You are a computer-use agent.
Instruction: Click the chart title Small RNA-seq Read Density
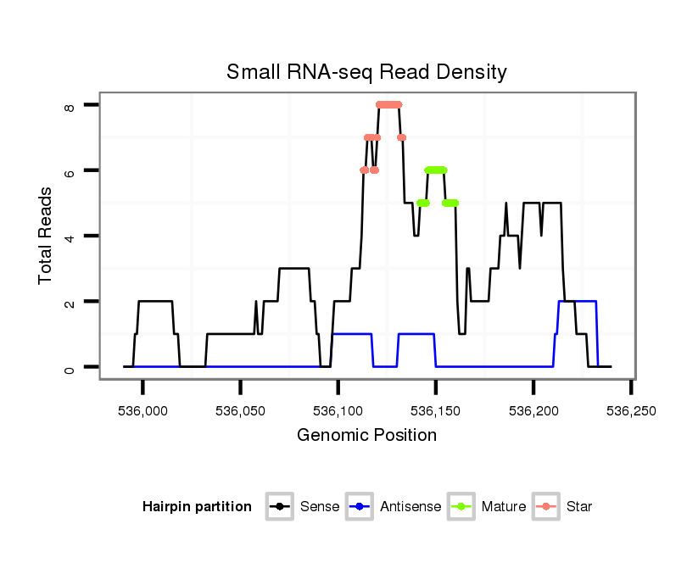coord(366,72)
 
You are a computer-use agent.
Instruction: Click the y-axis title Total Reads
coord(47,235)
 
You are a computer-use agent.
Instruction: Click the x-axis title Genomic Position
coord(366,436)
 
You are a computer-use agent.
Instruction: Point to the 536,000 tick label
coord(143,410)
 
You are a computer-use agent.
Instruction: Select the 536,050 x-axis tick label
coord(241,410)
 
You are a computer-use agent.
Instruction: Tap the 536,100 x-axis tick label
coord(338,410)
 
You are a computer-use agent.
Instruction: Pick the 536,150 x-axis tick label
coord(436,410)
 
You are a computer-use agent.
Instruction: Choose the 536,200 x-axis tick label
coord(533,410)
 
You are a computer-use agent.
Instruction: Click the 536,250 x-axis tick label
coord(631,410)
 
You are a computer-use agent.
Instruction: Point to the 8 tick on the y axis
coord(69,105)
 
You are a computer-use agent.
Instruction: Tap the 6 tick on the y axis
coord(69,170)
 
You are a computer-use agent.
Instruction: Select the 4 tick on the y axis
coord(69,236)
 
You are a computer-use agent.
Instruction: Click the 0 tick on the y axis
coord(69,367)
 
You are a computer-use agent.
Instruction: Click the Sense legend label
coord(320,507)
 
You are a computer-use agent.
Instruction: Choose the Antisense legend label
coord(411,507)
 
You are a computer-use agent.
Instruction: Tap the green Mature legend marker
coord(462,507)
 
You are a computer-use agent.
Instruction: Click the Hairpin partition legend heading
coord(197,507)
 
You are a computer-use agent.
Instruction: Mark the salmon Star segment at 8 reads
coord(389,105)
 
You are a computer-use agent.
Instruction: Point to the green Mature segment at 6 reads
coord(436,170)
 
